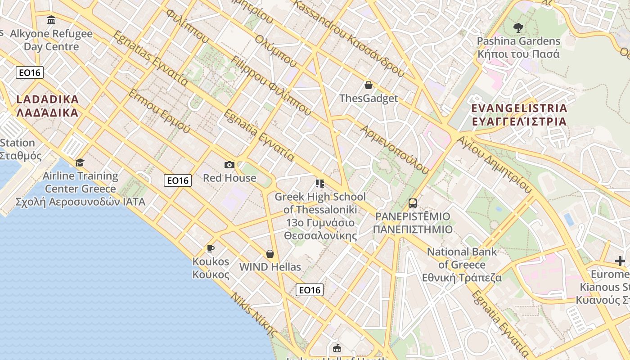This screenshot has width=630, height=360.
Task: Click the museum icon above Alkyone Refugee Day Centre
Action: click(x=51, y=20)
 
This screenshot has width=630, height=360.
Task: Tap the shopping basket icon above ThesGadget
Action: click(x=369, y=85)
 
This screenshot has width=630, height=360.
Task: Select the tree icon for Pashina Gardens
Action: click(x=518, y=28)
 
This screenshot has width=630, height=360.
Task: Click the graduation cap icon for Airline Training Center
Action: click(x=80, y=162)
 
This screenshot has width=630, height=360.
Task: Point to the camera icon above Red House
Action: click(x=229, y=165)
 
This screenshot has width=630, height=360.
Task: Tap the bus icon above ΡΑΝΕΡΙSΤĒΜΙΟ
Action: click(x=413, y=203)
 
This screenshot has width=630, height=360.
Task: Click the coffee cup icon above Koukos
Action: click(x=210, y=248)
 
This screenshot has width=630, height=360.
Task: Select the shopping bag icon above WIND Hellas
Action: click(x=270, y=254)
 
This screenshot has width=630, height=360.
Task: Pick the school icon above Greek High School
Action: click(x=320, y=183)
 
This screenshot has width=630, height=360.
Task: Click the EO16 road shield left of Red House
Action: click(x=178, y=180)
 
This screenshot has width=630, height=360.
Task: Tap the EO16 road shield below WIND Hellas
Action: click(x=310, y=290)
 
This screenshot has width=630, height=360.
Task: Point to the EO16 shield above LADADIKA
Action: click(x=30, y=72)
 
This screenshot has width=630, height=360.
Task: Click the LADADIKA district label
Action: click(x=48, y=106)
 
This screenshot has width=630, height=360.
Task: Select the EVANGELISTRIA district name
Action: click(x=519, y=115)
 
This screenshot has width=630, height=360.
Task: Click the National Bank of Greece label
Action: click(x=462, y=265)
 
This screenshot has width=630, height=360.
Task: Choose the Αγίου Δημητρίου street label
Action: click(x=494, y=164)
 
